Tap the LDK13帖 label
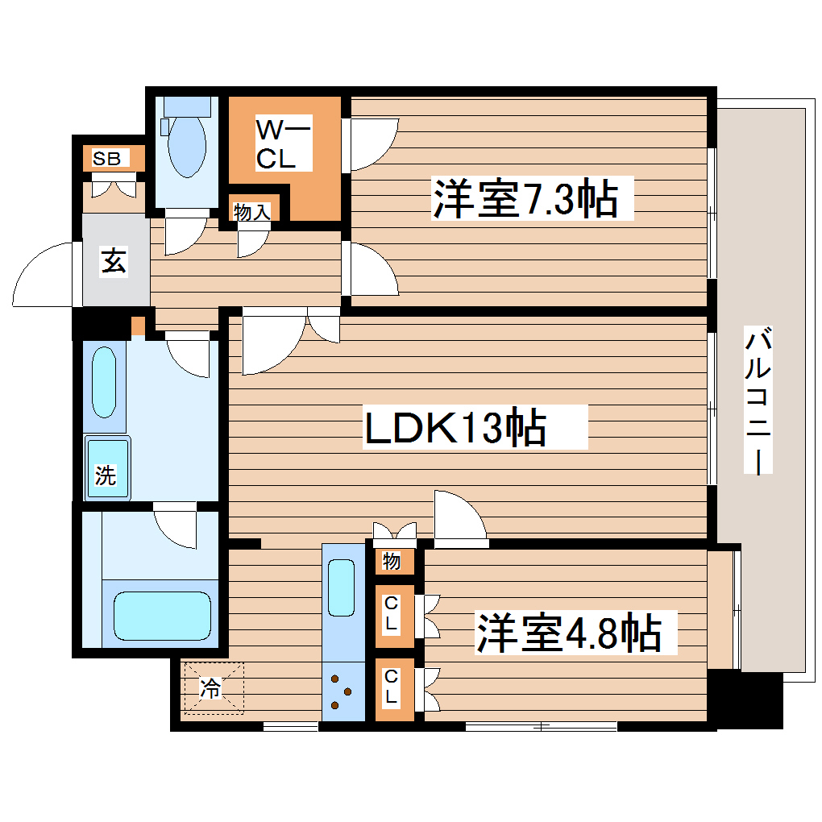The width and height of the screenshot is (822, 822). coord(455,428)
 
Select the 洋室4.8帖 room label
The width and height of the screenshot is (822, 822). coord(568,633)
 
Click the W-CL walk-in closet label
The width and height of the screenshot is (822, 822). coord(282,144)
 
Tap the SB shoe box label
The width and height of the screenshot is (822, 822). coord(106,159)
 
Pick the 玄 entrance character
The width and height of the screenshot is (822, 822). coord(114,263)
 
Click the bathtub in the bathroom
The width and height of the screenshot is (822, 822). coord(161,616)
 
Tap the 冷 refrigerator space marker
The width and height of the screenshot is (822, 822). coord(212,687)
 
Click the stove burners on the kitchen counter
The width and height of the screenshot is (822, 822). coord(342,691)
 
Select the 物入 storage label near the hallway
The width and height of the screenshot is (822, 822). coord(252,212)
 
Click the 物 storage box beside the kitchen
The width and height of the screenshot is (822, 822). coord(392,561)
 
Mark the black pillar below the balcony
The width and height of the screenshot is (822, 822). coord(745,700)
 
